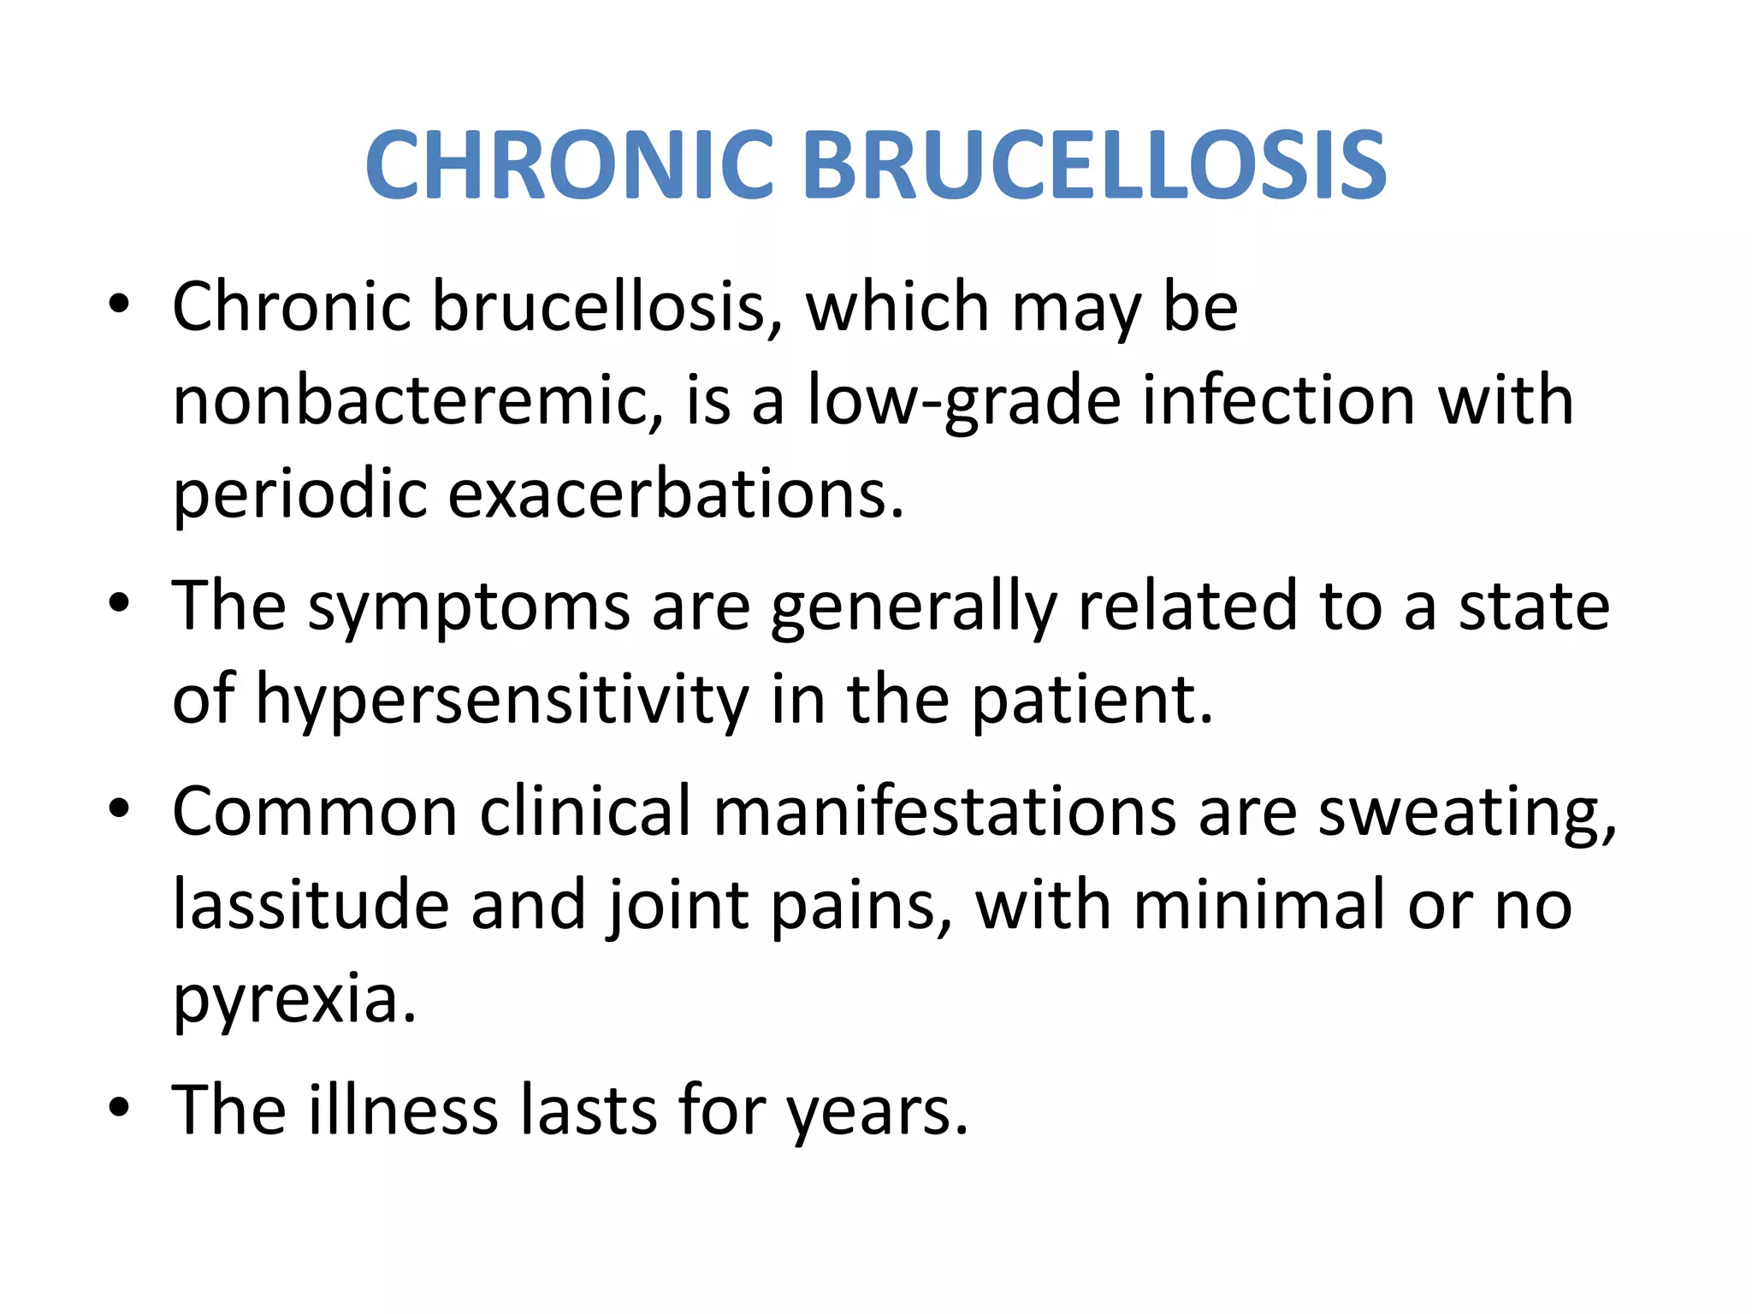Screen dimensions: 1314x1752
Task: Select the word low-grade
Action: coord(963,402)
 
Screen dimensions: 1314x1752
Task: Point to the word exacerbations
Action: coord(675,494)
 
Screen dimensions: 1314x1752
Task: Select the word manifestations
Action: coord(944,811)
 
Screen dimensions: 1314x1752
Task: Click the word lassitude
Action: coord(311,904)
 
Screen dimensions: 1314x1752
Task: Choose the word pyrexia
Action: coord(293,999)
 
